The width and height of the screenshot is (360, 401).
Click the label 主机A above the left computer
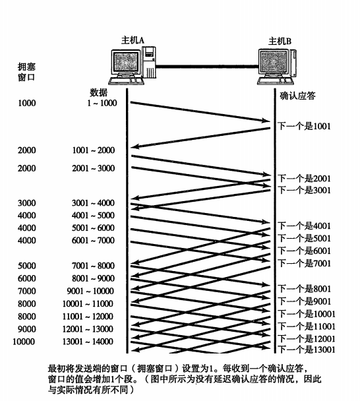click(133, 40)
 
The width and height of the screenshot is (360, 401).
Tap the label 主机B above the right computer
click(280, 41)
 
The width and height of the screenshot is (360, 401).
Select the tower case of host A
click(149, 62)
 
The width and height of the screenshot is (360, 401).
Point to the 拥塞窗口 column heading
click(26, 72)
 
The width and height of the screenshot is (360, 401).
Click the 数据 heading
click(98, 92)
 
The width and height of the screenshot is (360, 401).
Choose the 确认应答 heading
click(297, 96)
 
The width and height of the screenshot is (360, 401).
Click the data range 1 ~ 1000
click(102, 103)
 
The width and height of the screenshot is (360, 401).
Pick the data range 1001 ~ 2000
click(94, 150)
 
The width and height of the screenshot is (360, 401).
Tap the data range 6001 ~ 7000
click(93, 240)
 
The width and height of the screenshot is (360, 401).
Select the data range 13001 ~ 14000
click(88, 342)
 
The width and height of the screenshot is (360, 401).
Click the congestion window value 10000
click(24, 342)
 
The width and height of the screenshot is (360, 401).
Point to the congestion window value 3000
click(27, 203)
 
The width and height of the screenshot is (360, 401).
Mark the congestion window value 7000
click(27, 291)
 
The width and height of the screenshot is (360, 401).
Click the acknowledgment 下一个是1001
click(304, 126)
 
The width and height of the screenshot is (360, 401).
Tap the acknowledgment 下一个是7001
click(304, 263)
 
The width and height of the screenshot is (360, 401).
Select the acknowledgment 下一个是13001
click(307, 350)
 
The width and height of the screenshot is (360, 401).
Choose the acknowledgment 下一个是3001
click(304, 190)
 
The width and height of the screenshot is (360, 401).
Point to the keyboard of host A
click(127, 81)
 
